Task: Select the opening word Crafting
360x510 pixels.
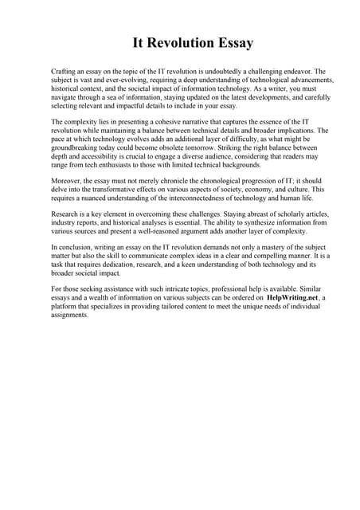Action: (65, 72)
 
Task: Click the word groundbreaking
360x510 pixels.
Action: (76, 147)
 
